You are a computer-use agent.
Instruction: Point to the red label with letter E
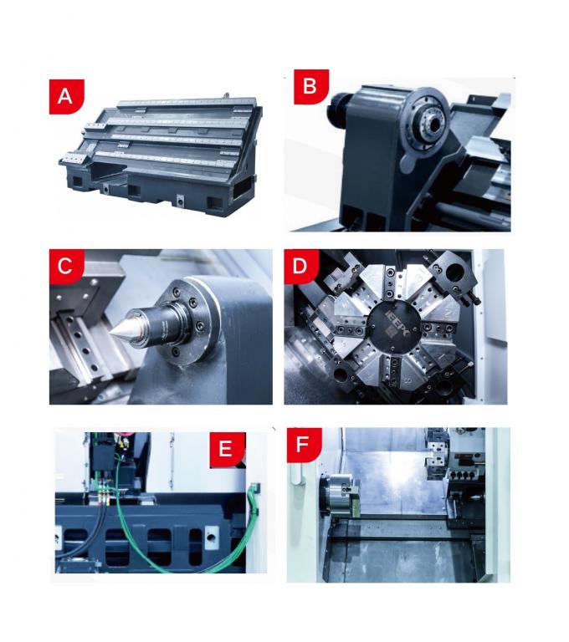coord(224,449)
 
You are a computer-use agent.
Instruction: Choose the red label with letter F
coord(302,444)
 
